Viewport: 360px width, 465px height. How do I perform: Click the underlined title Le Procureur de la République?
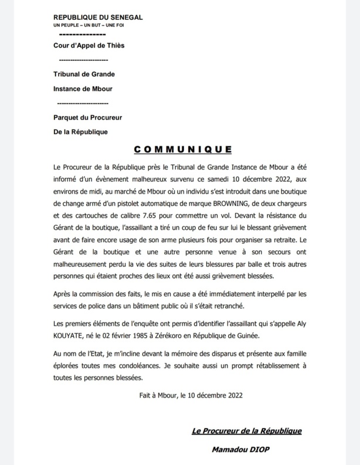(x=247, y=431)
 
